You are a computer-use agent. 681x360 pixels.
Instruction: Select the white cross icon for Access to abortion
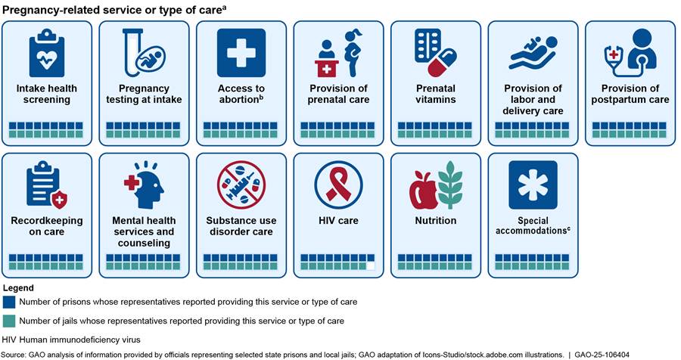(x=241, y=53)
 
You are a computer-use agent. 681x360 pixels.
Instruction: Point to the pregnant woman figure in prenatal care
(x=353, y=54)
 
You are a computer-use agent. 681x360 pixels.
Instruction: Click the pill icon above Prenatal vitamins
(x=436, y=54)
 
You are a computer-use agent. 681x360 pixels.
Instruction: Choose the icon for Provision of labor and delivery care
(x=533, y=54)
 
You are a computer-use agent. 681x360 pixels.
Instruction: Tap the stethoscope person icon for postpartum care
(x=630, y=53)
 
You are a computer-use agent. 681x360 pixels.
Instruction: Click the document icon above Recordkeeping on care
(x=46, y=185)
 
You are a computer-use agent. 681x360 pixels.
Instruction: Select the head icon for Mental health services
(x=143, y=185)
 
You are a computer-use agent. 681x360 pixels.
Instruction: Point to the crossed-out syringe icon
(x=241, y=185)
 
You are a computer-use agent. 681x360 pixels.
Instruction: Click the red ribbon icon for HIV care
(x=338, y=185)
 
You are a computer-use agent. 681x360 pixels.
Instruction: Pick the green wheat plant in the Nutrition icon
(x=450, y=185)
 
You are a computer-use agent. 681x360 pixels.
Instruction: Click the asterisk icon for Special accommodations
(x=533, y=185)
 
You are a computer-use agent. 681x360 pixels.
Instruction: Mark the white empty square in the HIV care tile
(x=371, y=266)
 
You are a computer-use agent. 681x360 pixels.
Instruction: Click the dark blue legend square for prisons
(x=8, y=302)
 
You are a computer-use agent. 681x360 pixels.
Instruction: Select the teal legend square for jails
(x=8, y=321)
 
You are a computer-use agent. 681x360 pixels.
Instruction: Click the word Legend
(x=18, y=287)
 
